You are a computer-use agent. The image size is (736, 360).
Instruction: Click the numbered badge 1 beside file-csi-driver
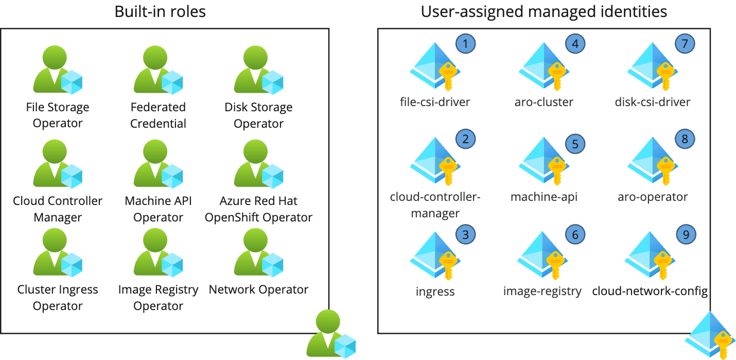tap(466, 44)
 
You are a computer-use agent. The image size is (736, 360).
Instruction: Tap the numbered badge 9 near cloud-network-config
tap(685, 234)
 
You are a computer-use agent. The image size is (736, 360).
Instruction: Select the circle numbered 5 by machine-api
tap(575, 144)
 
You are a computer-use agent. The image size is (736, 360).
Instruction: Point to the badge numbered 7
tap(685, 44)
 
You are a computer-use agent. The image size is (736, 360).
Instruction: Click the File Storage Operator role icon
tap(57, 71)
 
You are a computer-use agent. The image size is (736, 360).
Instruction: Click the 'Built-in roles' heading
tap(160, 11)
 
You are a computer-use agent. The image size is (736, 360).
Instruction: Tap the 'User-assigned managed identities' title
tap(544, 11)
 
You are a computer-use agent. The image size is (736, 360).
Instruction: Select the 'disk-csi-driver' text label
tap(653, 102)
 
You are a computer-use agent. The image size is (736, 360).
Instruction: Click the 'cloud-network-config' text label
tap(650, 291)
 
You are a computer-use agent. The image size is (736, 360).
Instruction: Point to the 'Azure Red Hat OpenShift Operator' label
tap(258, 209)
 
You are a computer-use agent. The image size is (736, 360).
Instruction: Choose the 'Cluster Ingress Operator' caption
tap(58, 298)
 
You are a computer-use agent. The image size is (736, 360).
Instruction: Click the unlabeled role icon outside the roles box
tap(330, 334)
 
